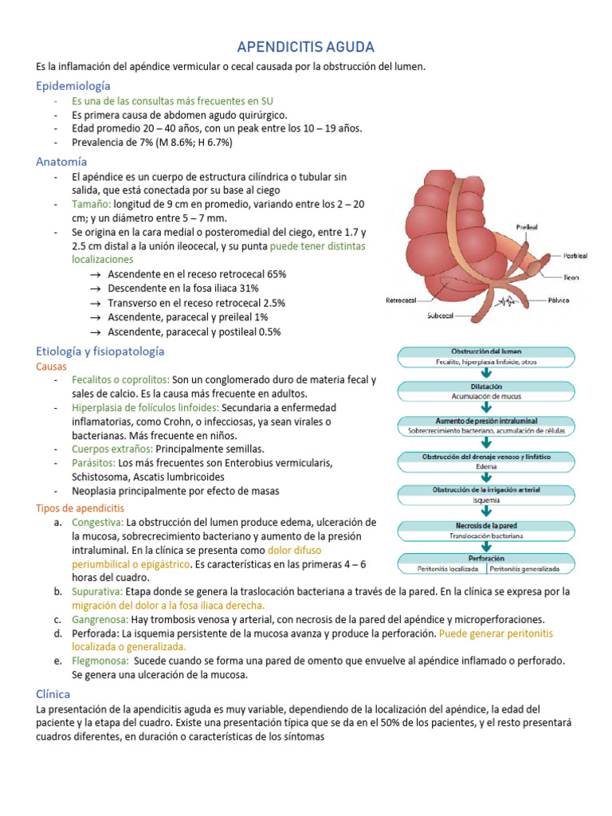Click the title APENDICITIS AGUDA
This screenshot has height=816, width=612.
tap(306, 48)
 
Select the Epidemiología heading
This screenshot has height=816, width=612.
tap(73, 85)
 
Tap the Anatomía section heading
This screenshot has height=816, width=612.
tap(61, 161)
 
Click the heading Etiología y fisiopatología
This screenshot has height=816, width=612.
tap(100, 351)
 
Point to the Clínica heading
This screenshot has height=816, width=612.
tap(53, 694)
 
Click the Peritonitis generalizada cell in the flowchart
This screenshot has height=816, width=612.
tap(524, 570)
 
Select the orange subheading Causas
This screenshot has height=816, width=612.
tap(53, 367)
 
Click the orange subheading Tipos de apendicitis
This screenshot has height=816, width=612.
tap(80, 508)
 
